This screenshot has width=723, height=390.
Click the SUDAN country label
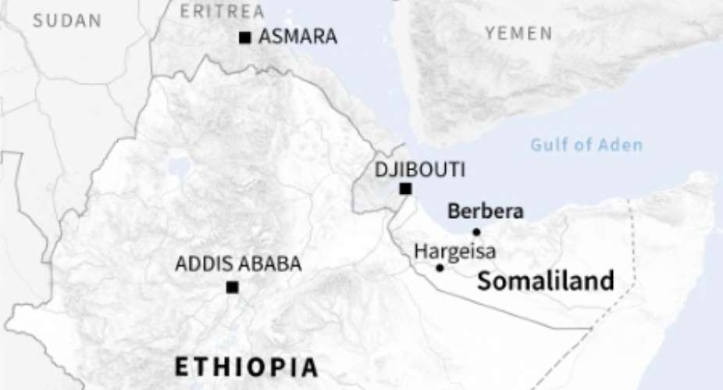coord(67,21)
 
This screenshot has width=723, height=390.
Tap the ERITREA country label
coord(223,12)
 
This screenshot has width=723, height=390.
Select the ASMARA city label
coord(297,36)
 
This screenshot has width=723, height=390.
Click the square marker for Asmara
coord(245,37)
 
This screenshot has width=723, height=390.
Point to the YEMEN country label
coord(518,34)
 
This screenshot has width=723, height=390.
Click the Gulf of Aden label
coord(586,145)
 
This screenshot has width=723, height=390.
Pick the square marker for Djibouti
coord(405,188)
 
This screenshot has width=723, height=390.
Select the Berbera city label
coord(485,211)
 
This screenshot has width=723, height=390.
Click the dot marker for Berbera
coord(476,231)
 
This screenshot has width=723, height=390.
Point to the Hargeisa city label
coord(454,252)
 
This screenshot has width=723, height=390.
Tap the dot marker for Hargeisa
coord(440,268)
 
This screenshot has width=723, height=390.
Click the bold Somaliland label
coord(546,281)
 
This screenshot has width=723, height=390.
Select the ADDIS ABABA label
coord(238,264)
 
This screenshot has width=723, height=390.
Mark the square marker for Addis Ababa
coord(232,287)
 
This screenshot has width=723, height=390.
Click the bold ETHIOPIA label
coord(246,367)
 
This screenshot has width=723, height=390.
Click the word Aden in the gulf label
coord(621,145)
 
